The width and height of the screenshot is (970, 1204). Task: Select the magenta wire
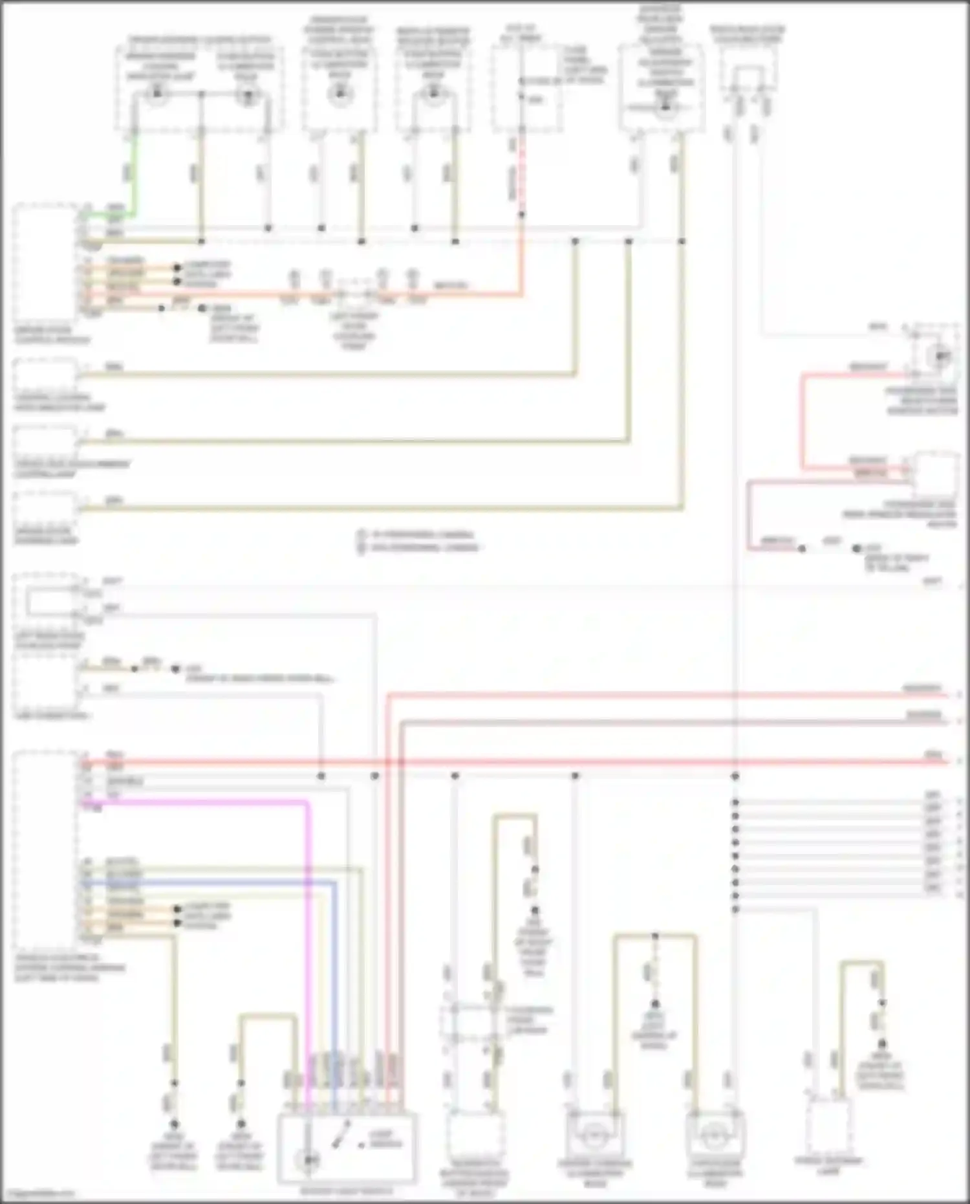pyautogui.click(x=194, y=802)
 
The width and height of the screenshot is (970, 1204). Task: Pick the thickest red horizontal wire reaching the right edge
pyautogui.click(x=582, y=762)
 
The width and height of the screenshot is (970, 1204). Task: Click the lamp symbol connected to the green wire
pyautogui.click(x=155, y=96)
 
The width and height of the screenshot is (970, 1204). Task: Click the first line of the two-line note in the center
pyautogui.click(x=417, y=534)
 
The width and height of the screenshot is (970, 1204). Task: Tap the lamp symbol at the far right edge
pyautogui.click(x=943, y=356)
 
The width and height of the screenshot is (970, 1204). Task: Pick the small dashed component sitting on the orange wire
pyautogui.click(x=353, y=294)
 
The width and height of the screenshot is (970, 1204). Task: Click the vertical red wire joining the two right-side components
pyautogui.click(x=803, y=421)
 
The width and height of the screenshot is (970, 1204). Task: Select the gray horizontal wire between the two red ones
pyautogui.click(x=647, y=721)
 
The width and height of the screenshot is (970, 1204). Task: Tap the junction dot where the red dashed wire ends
pyautogui.click(x=521, y=214)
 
